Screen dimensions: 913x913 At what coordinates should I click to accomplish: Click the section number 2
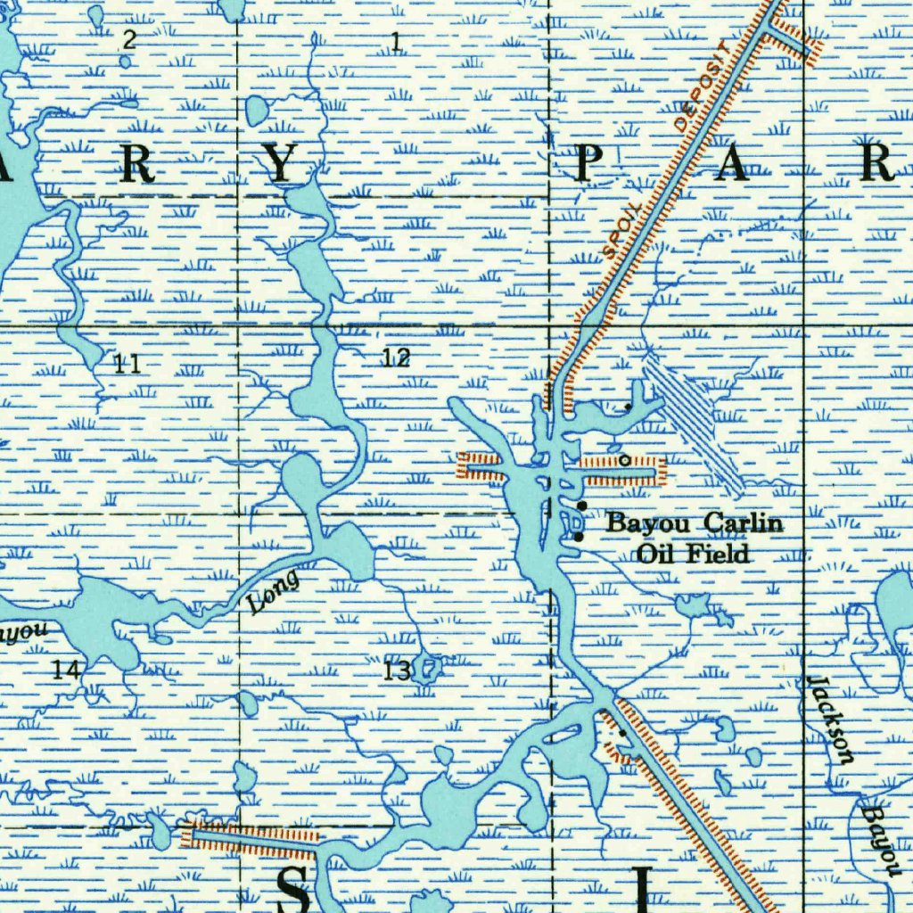click(x=130, y=39)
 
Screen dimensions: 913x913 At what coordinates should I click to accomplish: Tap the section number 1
click(x=395, y=40)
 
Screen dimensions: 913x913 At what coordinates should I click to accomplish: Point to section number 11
click(x=127, y=363)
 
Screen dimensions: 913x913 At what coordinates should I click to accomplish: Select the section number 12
click(x=396, y=358)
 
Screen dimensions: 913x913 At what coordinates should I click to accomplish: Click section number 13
click(x=397, y=670)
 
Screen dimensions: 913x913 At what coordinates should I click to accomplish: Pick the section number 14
click(x=65, y=670)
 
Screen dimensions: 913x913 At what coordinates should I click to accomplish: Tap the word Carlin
click(x=744, y=523)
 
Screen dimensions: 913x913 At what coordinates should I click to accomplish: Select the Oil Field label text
click(x=693, y=554)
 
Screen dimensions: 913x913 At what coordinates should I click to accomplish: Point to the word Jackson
click(x=830, y=720)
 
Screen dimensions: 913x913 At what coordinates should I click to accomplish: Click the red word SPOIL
click(x=622, y=231)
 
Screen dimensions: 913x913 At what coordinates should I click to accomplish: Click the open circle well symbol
click(x=624, y=460)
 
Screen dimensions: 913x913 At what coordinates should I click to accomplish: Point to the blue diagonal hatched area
click(x=695, y=419)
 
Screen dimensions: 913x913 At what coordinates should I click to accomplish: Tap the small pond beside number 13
click(x=429, y=666)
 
